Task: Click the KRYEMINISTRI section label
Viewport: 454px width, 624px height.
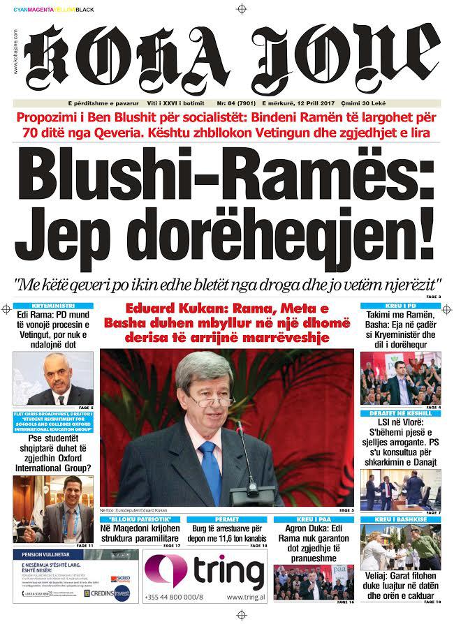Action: tap(53, 306)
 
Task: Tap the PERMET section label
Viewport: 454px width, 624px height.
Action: tap(227, 519)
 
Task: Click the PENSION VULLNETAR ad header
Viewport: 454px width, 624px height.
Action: tap(38, 554)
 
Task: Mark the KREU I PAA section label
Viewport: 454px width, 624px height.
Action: tap(314, 519)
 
